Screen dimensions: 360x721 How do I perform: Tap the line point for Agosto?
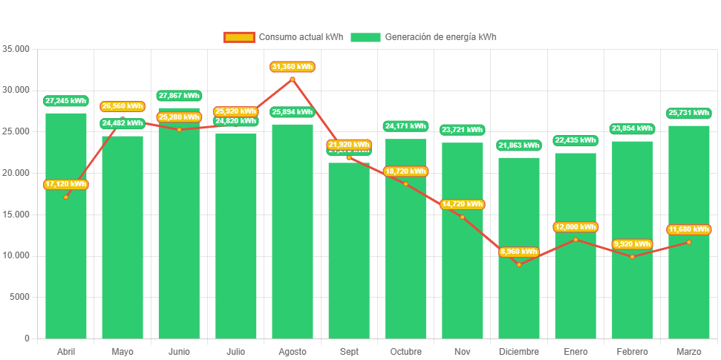293,79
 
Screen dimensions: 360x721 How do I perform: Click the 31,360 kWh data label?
293,67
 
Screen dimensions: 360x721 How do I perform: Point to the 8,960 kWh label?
519,252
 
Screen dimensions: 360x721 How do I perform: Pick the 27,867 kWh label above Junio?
179,96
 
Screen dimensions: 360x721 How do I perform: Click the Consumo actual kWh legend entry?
283,37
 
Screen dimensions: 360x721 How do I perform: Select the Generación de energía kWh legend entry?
423,37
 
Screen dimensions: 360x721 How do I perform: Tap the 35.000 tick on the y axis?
16,48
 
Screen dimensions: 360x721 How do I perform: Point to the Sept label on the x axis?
349,351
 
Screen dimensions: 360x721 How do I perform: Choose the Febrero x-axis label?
632,351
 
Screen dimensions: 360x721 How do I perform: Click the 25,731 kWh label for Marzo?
689,113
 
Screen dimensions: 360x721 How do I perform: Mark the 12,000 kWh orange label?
575,227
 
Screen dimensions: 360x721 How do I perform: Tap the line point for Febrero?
632,257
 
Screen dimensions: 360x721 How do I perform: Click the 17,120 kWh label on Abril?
66,184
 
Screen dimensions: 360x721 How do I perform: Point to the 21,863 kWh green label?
519,145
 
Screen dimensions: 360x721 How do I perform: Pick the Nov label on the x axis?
462,351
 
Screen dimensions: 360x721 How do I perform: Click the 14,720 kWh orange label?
462,204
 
